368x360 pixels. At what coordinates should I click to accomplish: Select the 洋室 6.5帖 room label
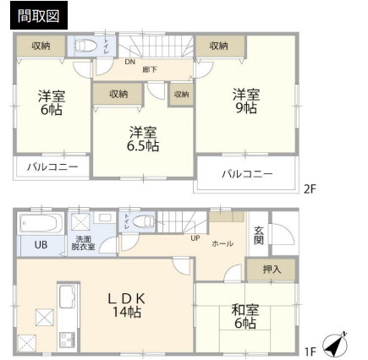144,139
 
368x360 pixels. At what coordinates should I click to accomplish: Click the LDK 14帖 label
126,304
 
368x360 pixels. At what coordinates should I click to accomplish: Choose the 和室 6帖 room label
245,317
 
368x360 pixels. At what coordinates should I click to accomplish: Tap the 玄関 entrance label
259,239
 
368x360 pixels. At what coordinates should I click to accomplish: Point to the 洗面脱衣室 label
84,243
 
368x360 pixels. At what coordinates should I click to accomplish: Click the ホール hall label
222,243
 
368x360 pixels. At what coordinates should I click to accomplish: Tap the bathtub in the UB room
40,224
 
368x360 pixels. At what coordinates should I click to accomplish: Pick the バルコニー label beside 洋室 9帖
247,175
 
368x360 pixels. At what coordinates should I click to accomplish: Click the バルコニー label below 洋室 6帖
51,167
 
